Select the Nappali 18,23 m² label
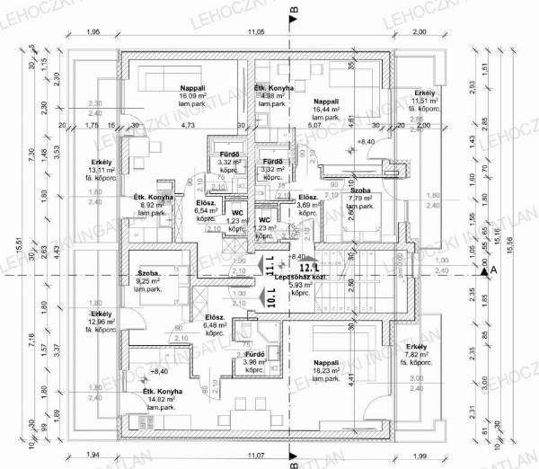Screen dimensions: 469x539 (325, 363)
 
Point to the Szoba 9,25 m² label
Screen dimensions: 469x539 (148, 281)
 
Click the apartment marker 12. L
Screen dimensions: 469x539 (308, 267)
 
